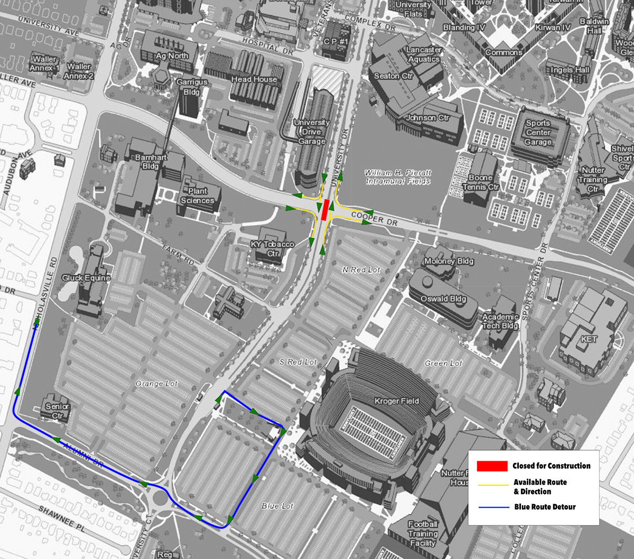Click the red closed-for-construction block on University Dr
(325, 210)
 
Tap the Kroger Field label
(396, 402)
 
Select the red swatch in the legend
(492, 466)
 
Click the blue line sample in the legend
(493, 507)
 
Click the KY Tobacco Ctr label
(273, 249)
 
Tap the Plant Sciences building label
(198, 195)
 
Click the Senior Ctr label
(57, 411)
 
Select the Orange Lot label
(157, 384)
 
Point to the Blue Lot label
(277, 506)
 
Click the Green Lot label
(443, 364)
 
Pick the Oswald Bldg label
(443, 299)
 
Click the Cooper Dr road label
(374, 218)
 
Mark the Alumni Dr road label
(85, 455)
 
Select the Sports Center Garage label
(538, 133)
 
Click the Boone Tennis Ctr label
(480, 182)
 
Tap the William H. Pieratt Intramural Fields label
(398, 177)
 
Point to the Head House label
(254, 79)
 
